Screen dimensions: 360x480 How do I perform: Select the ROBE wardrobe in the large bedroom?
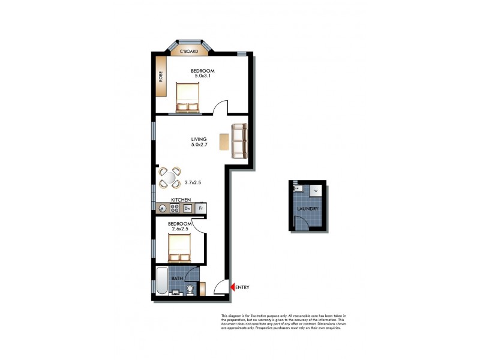click(x=161, y=77)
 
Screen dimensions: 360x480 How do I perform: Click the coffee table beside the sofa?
click(x=224, y=142)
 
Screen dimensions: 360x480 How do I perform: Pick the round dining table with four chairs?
click(x=169, y=177)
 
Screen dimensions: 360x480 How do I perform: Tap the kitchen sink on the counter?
click(x=162, y=208)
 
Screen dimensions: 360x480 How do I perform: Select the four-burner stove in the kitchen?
click(x=175, y=208)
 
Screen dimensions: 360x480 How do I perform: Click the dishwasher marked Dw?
click(x=188, y=208)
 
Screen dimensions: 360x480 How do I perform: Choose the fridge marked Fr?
click(x=202, y=208)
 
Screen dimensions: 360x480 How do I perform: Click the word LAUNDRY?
click(x=308, y=209)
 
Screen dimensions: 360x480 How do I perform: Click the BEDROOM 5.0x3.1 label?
click(x=202, y=74)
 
